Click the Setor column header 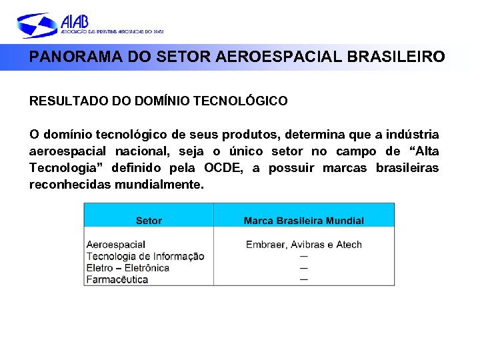point(149,221)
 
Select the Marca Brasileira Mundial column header point(303,221)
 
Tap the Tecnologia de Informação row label point(145,256)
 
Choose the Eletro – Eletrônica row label point(128,268)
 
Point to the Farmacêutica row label point(117,279)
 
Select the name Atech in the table point(349,245)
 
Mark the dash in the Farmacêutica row point(303,279)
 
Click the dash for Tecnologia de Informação point(303,256)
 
